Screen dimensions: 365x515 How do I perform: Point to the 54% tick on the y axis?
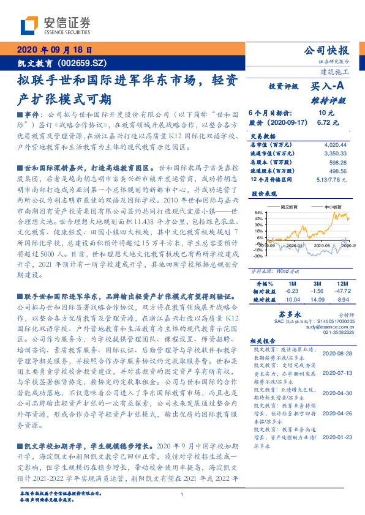click(x=258, y=212)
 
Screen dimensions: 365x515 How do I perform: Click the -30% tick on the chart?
click(x=257, y=256)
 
